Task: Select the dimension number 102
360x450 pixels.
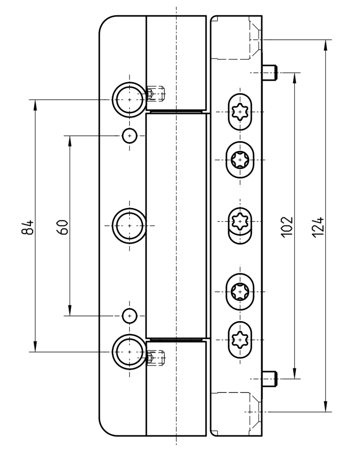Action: (x=286, y=226)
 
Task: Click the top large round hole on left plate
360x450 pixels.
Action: (x=129, y=99)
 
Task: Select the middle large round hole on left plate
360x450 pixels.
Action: (x=129, y=225)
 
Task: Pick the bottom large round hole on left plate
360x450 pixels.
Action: (x=129, y=351)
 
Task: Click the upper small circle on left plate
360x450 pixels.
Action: (x=130, y=136)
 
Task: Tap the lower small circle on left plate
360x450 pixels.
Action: (x=130, y=316)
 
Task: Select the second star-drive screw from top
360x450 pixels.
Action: (x=240, y=160)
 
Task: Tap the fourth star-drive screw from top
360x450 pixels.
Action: (x=240, y=291)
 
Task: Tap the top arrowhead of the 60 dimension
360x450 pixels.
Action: (x=69, y=140)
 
